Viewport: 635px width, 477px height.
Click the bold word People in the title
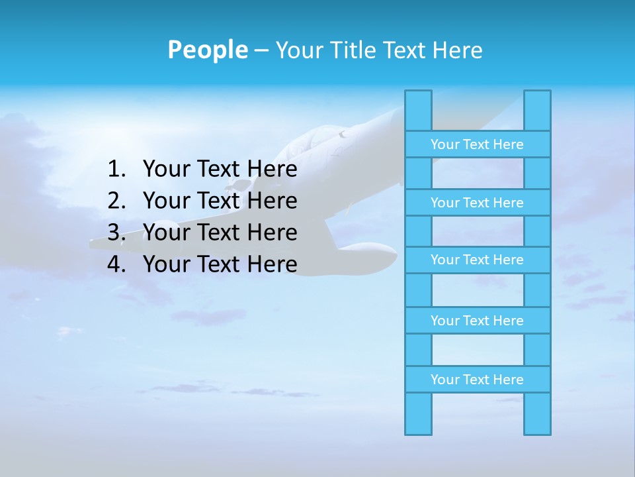(207, 50)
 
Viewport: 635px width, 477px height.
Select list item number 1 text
(220, 170)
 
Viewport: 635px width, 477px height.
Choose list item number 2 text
(220, 201)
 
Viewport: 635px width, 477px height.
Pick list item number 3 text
(220, 233)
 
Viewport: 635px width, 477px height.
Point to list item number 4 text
(220, 264)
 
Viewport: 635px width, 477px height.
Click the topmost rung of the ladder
(477, 144)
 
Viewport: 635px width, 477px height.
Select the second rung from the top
(477, 203)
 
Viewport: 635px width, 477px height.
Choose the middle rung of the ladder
(477, 260)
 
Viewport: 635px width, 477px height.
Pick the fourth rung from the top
(477, 321)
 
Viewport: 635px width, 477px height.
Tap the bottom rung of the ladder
(477, 380)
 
